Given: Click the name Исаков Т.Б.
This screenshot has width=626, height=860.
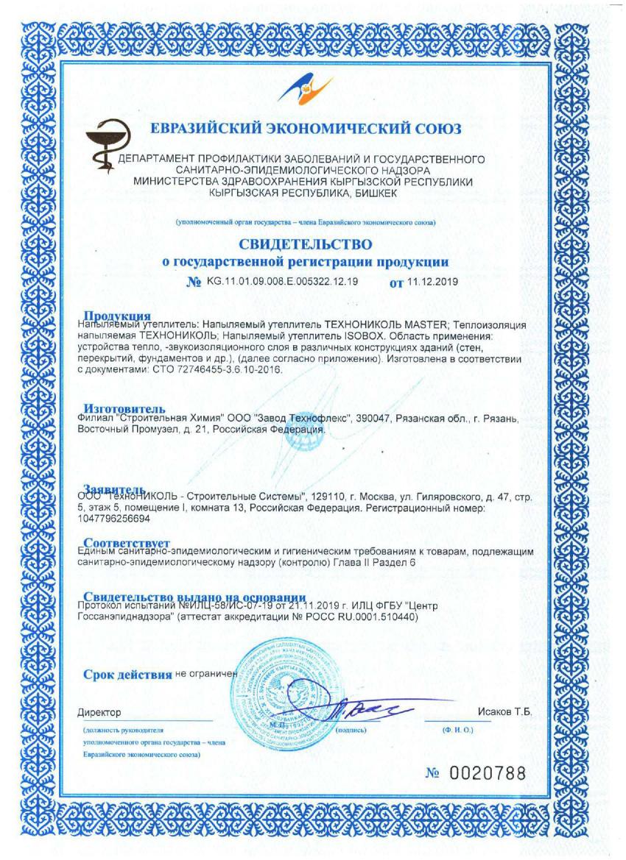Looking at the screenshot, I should coord(504,713).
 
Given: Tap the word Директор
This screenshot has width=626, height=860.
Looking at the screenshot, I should coord(99,713).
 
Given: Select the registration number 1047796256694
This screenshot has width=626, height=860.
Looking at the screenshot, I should coord(117,519).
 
